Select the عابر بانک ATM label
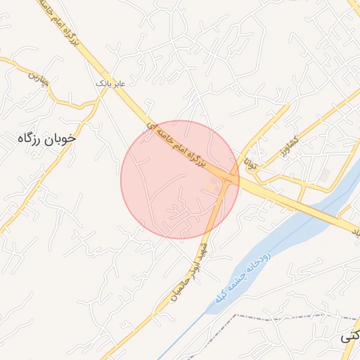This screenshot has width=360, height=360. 111,84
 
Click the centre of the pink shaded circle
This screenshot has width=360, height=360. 180,179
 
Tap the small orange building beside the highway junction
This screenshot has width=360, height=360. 214,184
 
